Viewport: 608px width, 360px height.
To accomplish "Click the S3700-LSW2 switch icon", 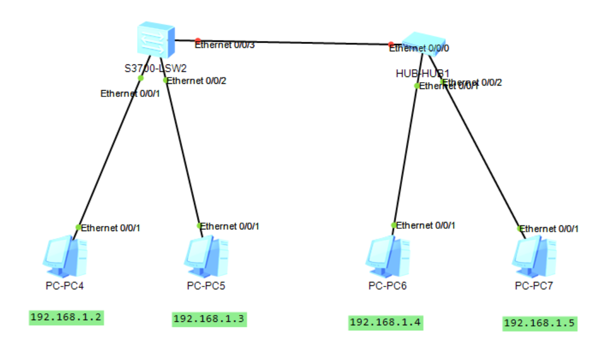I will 155,40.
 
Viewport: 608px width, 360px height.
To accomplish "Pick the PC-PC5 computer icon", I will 207,255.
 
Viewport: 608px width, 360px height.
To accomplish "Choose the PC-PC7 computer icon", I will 534,255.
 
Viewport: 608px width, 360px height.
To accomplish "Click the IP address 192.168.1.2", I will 67,318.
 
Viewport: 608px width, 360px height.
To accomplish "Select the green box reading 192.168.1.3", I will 210,319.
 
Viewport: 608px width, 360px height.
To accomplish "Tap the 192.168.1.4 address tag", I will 385,322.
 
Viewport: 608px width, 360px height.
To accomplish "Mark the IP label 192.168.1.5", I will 539,323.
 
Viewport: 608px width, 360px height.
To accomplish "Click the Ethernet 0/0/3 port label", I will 224,45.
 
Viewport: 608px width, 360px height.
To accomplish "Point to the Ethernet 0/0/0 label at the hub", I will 419,48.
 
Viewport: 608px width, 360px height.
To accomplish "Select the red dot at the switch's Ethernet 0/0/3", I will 198,41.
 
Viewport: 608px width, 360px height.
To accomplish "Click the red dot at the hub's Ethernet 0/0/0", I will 390,44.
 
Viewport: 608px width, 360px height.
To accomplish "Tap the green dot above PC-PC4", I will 78,227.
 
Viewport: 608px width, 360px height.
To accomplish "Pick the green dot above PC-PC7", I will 520,228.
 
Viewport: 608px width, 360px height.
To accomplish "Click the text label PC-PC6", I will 388,285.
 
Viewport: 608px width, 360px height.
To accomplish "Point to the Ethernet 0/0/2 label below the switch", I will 196,80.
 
